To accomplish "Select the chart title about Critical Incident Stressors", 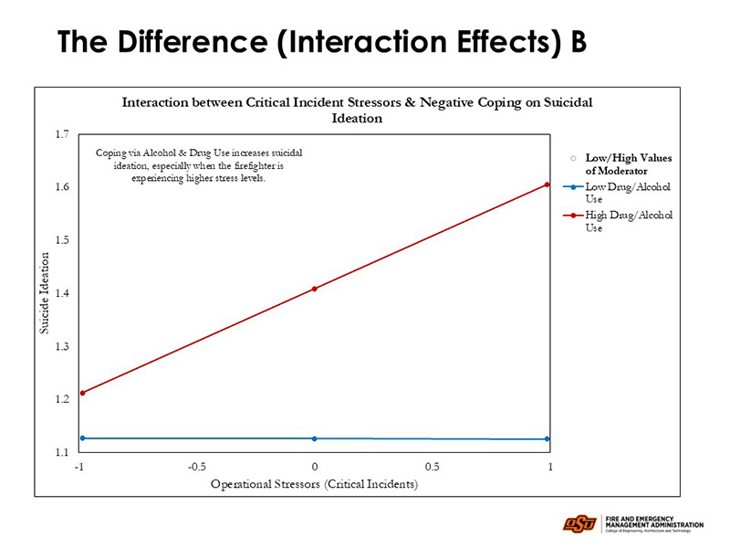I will [357, 111].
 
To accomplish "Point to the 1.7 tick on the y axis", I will [62, 134].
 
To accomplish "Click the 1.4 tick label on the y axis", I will [62, 293].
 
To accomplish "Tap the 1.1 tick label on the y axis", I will [62, 452].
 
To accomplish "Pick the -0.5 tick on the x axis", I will [197, 467].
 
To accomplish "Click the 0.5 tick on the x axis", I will [432, 467].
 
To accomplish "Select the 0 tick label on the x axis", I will [315, 467].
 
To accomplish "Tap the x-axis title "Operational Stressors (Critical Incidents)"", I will [314, 484].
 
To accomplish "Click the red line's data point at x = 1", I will [547, 184].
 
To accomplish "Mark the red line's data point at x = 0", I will [315, 289].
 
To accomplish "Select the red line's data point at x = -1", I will [83, 393].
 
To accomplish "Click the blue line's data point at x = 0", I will [315, 438].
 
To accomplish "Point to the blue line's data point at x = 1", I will [547, 439].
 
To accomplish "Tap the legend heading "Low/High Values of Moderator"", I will [628, 163].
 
